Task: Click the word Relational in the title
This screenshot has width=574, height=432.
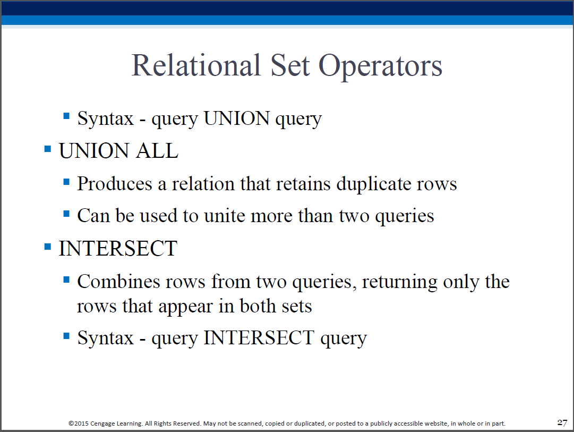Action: tap(196, 65)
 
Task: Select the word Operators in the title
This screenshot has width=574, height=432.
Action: tap(380, 67)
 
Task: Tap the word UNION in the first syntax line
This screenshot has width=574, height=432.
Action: tap(237, 118)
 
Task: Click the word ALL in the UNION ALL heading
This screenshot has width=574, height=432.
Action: tap(157, 150)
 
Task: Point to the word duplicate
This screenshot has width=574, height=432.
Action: tap(373, 184)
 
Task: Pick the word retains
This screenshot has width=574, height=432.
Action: tap(303, 184)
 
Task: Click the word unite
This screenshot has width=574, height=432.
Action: tap(225, 216)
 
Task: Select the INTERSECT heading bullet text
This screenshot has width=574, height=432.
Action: tap(118, 249)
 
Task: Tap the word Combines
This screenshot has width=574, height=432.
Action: tap(118, 282)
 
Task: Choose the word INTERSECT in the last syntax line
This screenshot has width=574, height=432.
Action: tap(259, 337)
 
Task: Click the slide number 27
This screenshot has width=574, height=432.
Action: tap(562, 422)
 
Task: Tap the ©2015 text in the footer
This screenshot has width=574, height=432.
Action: tap(79, 423)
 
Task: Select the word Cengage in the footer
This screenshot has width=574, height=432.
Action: tap(102, 424)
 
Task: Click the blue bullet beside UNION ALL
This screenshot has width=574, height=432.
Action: tap(48, 149)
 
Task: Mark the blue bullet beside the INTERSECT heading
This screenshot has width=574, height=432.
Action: tap(48, 246)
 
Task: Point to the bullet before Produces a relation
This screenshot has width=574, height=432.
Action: tap(66, 182)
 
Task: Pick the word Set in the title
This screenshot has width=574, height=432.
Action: tap(290, 65)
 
